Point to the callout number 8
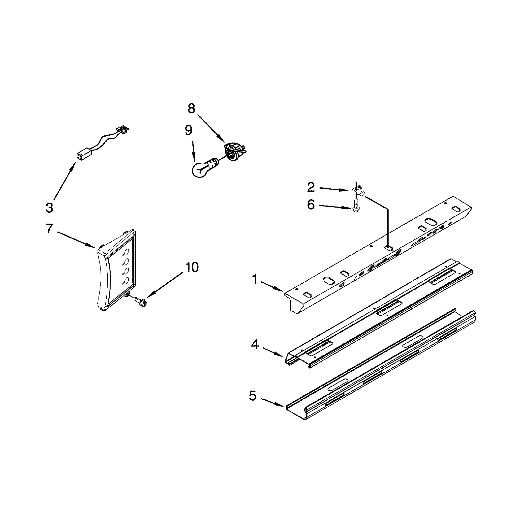(x=191, y=109)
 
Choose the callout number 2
(x=311, y=187)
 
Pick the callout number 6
(x=311, y=205)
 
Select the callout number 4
(x=255, y=345)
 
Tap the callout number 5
(x=253, y=395)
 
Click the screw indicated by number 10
(x=140, y=300)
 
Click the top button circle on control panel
(x=126, y=252)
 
